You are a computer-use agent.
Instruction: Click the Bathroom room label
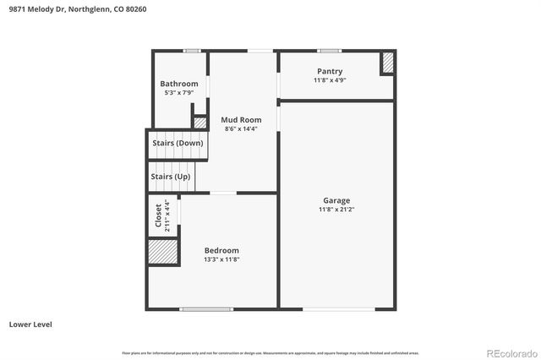coord(179,84)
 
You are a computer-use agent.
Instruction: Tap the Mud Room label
coord(241,120)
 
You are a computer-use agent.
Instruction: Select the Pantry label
coord(330,71)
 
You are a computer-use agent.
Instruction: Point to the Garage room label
coord(336,200)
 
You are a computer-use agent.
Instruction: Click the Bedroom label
coord(221,250)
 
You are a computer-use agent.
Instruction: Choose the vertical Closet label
coord(158,215)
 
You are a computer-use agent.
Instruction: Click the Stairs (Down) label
coord(178,143)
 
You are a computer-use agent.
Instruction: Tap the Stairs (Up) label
coord(170,177)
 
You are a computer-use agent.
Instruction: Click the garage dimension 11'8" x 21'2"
coord(336,210)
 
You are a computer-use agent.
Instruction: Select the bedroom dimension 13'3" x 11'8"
coord(221,259)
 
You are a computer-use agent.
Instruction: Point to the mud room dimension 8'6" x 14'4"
coord(241,129)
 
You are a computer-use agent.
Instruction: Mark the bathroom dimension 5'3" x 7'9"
coord(179,93)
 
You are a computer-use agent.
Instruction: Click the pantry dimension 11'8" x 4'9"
coord(330,80)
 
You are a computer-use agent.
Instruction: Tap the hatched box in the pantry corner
coord(387,63)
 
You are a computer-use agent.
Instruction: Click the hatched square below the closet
coord(162,252)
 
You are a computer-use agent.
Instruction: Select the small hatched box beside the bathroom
coord(200,123)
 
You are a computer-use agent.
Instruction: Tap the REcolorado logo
coord(510,352)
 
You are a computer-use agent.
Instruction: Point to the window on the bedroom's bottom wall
coord(207,308)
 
